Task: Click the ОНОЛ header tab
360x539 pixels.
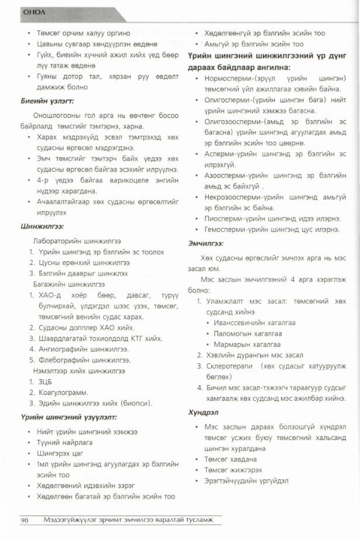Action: tap(30, 11)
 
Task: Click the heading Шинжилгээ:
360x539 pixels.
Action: tap(42, 226)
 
